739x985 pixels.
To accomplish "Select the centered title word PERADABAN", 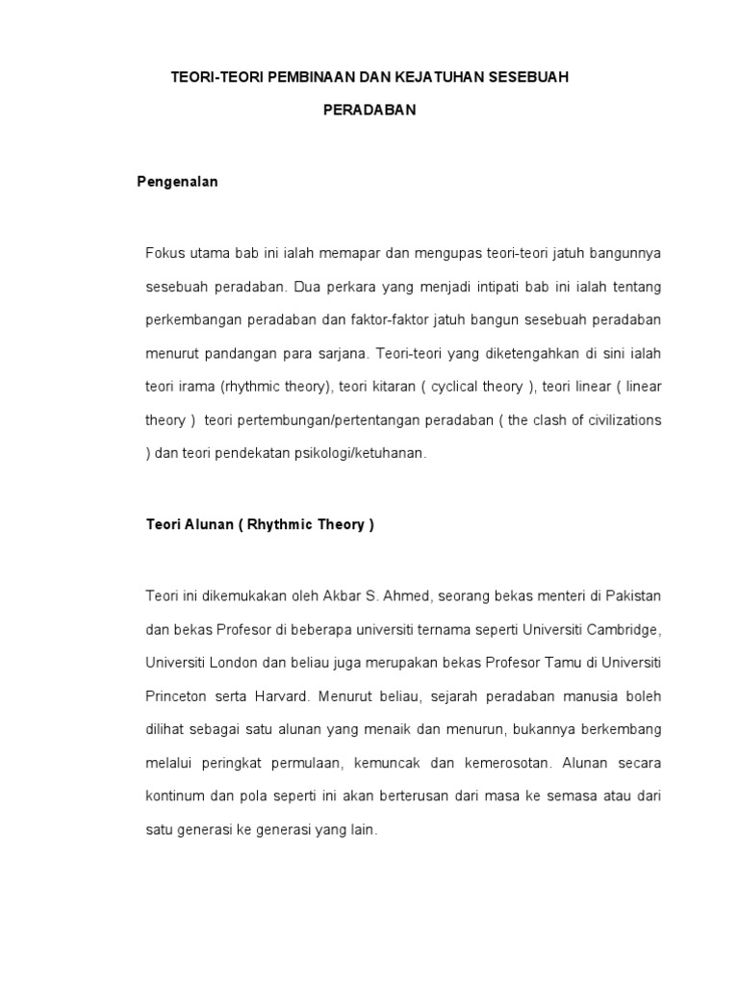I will click(369, 110).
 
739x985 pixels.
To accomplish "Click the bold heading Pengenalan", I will click(177, 182).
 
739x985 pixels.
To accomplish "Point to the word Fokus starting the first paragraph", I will click(163, 252).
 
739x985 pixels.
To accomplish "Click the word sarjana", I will click(341, 353).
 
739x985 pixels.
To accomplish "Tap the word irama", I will click(198, 387).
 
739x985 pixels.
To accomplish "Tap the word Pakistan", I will click(630, 596).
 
